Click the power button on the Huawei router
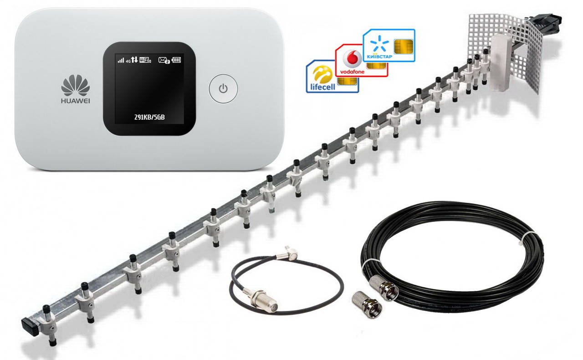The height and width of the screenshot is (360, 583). click(x=223, y=88)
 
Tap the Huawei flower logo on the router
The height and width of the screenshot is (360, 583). click(x=75, y=85)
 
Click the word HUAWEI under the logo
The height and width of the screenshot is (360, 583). click(x=75, y=101)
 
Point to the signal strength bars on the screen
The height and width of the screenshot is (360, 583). click(x=121, y=60)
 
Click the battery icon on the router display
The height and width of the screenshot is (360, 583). click(x=176, y=60)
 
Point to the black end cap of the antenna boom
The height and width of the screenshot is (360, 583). click(x=28, y=325)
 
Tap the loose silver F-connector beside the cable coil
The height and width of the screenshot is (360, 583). click(x=364, y=304)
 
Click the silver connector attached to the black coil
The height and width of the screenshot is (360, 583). click(x=385, y=287)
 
